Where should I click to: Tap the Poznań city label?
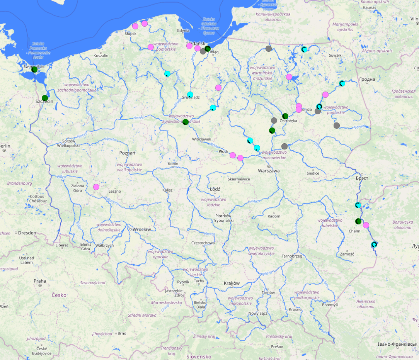tap(127, 153)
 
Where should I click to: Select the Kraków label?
tap(232, 283)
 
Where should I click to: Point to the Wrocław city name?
tap(141, 229)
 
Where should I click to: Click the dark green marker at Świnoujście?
tap(34, 70)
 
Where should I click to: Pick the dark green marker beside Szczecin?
tap(45, 98)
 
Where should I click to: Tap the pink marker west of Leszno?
tap(96, 187)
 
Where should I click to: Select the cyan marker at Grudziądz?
tap(190, 95)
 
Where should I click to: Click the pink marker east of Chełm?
tap(366, 225)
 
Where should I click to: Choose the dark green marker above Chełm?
tap(358, 221)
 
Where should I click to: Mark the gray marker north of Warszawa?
tap(284, 146)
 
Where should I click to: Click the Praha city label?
tap(40, 281)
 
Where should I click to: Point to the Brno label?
tap(122, 333)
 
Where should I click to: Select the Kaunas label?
tap(370, 7)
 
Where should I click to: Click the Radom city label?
tap(274, 216)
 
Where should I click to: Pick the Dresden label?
tap(27, 233)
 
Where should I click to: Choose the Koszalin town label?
tap(101, 56)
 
